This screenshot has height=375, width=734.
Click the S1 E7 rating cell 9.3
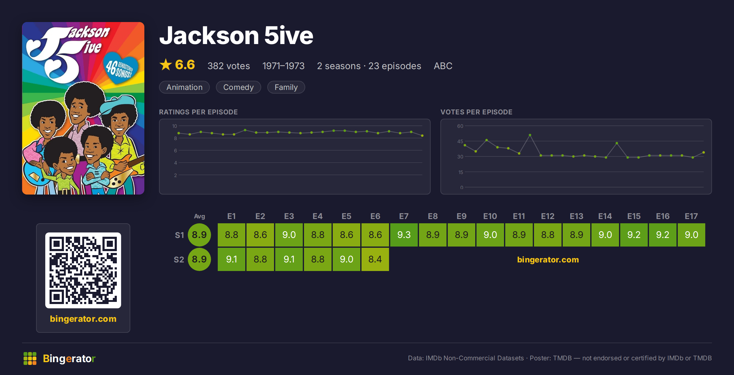tap(404, 235)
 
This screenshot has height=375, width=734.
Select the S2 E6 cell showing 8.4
tap(375, 259)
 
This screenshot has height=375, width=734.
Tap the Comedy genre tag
tap(238, 87)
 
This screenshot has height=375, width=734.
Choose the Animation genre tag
tap(184, 87)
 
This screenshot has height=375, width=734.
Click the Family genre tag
tap(286, 87)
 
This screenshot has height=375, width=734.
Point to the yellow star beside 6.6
tap(166, 65)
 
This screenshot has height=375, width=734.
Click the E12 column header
tap(547, 216)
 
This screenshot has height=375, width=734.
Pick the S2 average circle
tap(199, 259)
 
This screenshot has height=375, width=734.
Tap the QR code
tap(83, 270)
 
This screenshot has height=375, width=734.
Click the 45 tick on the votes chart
tap(460, 141)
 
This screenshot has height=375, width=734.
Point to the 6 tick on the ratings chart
tap(176, 150)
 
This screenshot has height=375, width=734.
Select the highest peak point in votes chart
tap(530, 135)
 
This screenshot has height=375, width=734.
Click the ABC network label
tap(443, 66)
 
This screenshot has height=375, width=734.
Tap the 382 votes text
tap(228, 66)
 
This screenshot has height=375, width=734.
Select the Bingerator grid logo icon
tap(30, 358)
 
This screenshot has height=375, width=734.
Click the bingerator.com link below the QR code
tap(83, 319)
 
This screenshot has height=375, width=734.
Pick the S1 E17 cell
tap(691, 235)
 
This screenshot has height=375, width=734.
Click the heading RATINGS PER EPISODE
tap(198, 112)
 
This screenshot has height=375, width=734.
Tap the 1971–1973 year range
tap(283, 66)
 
